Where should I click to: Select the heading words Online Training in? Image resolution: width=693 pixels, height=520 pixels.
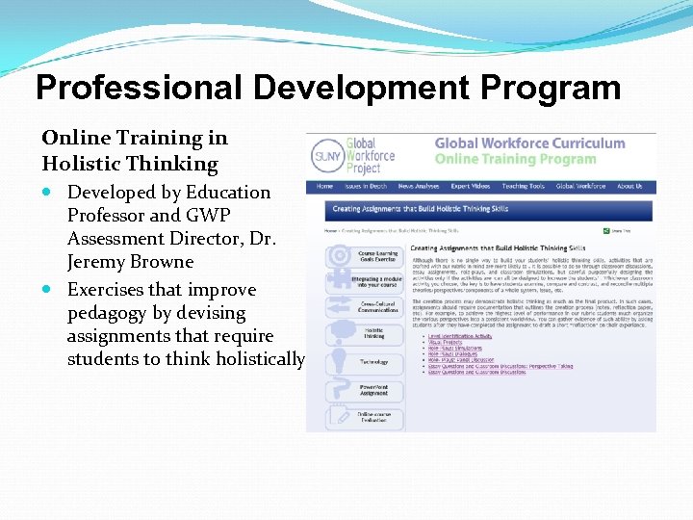coord(135,139)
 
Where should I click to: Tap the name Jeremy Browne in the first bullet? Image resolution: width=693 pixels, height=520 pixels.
coord(131,262)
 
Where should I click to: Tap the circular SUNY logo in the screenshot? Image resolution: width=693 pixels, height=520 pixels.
coord(325,157)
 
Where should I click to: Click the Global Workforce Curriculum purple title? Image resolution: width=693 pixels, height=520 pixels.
coord(529,143)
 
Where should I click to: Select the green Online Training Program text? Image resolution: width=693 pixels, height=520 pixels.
coord(515,159)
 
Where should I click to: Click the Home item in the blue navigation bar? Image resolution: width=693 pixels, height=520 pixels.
coord(324,186)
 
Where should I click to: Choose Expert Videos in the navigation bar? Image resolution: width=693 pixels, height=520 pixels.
coord(470,186)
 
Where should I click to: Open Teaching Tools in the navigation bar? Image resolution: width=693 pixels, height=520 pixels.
coord(523,186)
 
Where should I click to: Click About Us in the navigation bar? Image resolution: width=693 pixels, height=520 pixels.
coord(629,186)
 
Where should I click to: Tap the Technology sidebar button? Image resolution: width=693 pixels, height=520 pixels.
coord(373,362)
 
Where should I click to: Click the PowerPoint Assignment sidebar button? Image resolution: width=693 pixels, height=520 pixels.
coord(373,390)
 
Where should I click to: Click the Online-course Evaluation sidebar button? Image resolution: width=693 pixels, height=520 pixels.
coord(373,417)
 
